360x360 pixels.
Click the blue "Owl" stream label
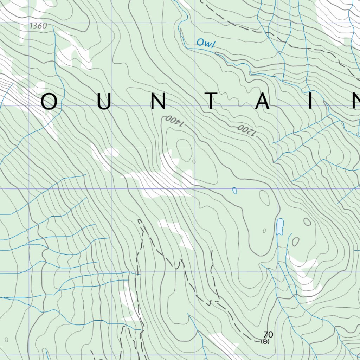206,43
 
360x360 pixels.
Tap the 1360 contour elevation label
38,26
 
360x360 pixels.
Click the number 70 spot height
268,334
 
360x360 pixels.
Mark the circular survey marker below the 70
265,341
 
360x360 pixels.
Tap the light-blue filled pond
280,227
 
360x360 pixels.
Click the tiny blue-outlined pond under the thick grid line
234,191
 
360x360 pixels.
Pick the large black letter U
104,102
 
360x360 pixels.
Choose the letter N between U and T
158,102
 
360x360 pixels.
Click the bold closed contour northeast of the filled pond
307,222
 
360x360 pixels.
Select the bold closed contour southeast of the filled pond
295,242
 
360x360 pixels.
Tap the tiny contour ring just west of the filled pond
264,231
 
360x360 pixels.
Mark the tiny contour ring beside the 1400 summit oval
194,162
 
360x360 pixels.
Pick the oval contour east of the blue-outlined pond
264,198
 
